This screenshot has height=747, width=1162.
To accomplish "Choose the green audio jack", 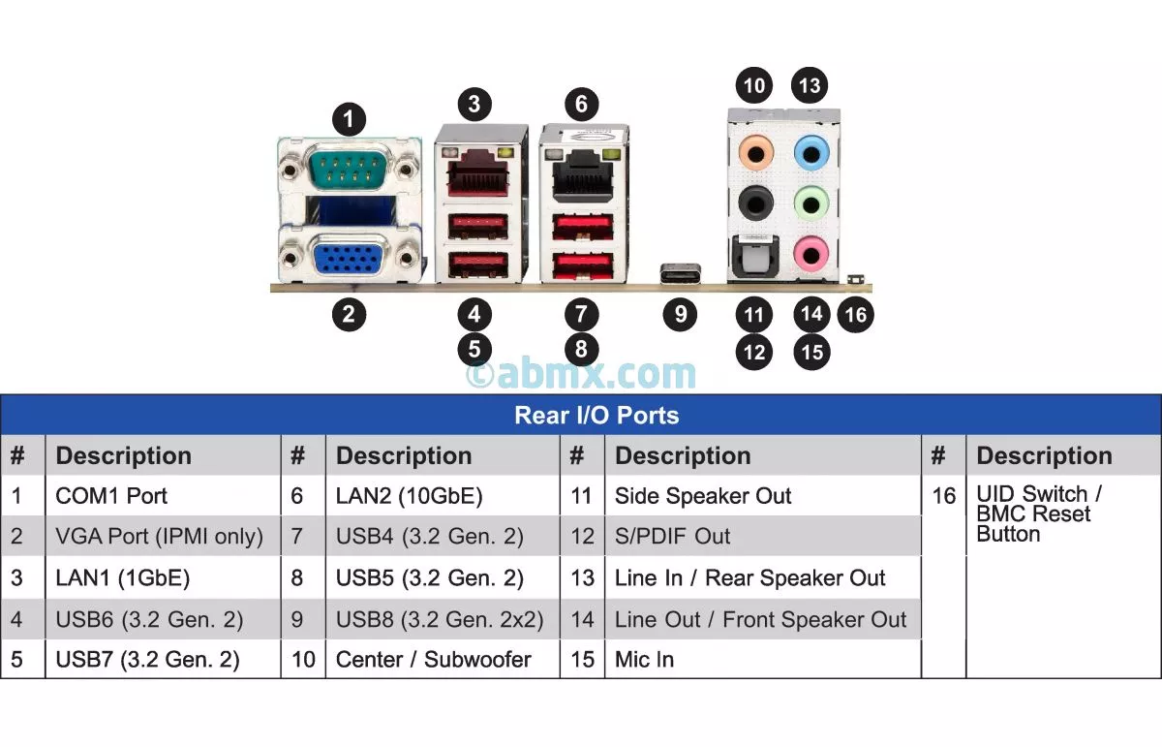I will click(811, 203).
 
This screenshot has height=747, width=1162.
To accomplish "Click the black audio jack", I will click(754, 203).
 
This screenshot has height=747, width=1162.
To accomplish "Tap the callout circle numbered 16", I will click(855, 315).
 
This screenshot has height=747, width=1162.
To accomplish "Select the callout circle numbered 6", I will click(581, 104).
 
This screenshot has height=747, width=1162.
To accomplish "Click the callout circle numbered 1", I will click(349, 120).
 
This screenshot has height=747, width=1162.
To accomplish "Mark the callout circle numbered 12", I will click(754, 351).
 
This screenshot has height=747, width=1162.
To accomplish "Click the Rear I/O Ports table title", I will click(596, 416).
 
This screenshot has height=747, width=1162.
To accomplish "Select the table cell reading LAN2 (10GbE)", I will click(409, 496).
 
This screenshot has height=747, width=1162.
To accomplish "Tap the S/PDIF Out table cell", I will click(672, 537).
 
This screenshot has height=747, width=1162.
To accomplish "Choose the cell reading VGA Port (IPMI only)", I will click(159, 537).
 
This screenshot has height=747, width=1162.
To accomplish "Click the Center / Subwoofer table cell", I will click(433, 660).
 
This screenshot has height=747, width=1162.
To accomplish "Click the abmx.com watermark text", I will click(581, 374).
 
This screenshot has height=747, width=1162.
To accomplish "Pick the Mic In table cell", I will click(644, 660).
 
